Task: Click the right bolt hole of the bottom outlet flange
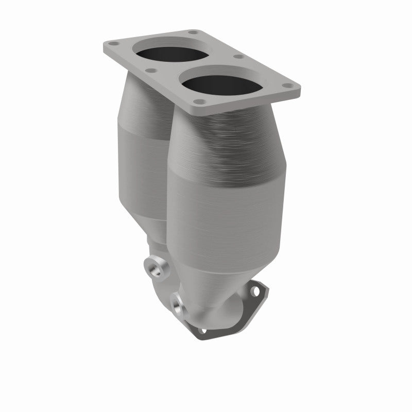[x=254, y=291]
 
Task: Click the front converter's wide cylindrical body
[x=227, y=206]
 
